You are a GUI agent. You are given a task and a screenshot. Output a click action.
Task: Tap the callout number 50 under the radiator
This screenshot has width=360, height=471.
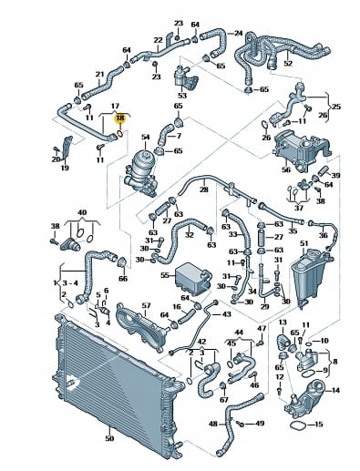(109, 438)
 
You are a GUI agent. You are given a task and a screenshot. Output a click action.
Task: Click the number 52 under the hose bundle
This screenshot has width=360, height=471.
(288, 64)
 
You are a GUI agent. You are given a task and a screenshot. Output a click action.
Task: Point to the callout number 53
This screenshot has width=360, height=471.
(182, 96)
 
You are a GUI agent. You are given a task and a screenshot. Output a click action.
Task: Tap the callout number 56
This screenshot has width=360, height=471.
(286, 169)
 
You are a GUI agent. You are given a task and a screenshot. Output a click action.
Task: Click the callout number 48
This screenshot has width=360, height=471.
(213, 424)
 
